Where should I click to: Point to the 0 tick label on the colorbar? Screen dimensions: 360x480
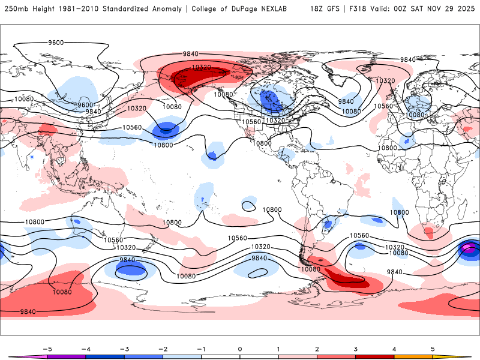click(240, 348)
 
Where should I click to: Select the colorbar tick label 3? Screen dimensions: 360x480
click(356, 348)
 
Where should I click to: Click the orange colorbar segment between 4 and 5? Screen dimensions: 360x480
click(413, 356)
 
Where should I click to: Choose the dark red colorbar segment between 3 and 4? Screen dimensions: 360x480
click(375, 356)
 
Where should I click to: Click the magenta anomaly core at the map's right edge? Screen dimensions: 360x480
click(469, 248)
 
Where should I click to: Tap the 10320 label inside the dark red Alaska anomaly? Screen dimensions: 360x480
click(201, 67)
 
